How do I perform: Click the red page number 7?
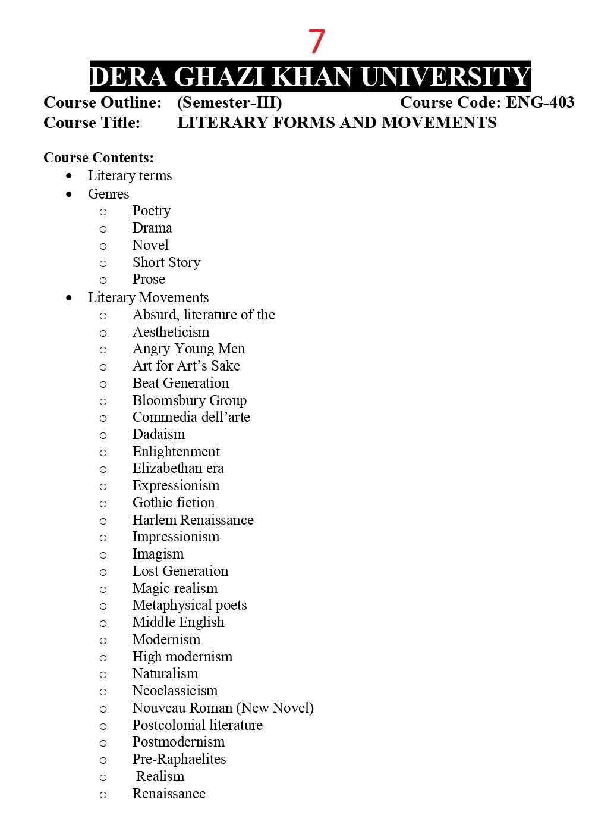(x=316, y=42)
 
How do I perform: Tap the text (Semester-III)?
(x=229, y=102)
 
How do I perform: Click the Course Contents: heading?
(x=99, y=158)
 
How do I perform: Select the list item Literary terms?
(x=130, y=175)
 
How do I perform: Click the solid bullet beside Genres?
(x=70, y=194)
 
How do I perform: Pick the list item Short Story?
(x=166, y=262)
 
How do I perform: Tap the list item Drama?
(x=152, y=228)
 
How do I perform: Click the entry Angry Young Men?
(x=188, y=349)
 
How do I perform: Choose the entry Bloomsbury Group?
(x=189, y=400)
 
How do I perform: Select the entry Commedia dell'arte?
(x=191, y=417)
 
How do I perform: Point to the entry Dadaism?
(x=159, y=434)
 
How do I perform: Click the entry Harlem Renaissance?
(x=193, y=520)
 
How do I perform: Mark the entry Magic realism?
(x=175, y=588)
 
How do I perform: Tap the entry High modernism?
(x=182, y=657)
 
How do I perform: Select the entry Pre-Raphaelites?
(x=179, y=759)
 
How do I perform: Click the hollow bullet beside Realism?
(x=103, y=777)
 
